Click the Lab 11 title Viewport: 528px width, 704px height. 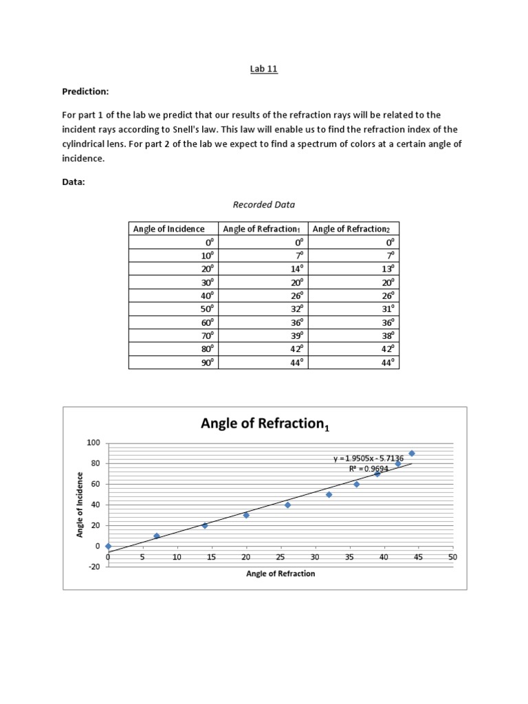tap(264, 69)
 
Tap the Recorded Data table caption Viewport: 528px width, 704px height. tap(263, 204)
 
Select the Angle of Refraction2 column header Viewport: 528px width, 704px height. tap(351, 229)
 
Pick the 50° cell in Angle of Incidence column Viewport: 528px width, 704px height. tap(207, 309)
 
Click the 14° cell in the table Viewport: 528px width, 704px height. tap(296, 269)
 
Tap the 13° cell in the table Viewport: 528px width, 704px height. tap(389, 269)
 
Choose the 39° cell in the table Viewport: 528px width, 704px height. tap(296, 336)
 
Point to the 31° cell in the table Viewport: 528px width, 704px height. tap(389, 309)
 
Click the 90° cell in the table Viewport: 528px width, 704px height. tap(207, 363)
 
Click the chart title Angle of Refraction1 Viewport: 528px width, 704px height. tap(265, 424)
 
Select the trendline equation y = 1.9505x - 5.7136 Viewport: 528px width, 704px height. tap(368, 457)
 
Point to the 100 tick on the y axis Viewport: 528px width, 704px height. tap(93, 443)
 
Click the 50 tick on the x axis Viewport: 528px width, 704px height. tap(452, 558)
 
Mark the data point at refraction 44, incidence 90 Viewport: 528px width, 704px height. tap(412, 453)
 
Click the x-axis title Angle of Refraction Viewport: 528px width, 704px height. tap(280, 574)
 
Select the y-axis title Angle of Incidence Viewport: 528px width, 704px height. tap(80, 505)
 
